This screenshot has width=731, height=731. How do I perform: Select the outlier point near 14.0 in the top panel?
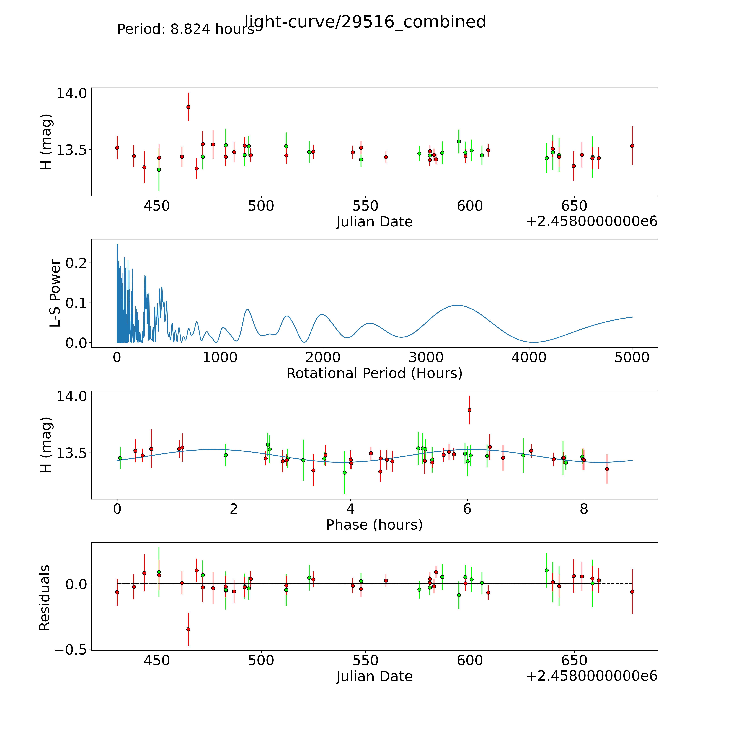pos(188,107)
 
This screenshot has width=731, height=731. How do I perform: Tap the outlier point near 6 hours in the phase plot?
pos(469,410)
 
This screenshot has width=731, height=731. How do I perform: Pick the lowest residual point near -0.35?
pos(188,629)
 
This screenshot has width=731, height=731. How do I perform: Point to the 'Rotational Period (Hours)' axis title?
pos(374,373)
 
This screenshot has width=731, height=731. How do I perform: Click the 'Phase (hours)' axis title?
pos(374,525)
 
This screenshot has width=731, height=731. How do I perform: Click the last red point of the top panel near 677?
pos(632,146)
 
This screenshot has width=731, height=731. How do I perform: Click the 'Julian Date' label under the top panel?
pos(374,222)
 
